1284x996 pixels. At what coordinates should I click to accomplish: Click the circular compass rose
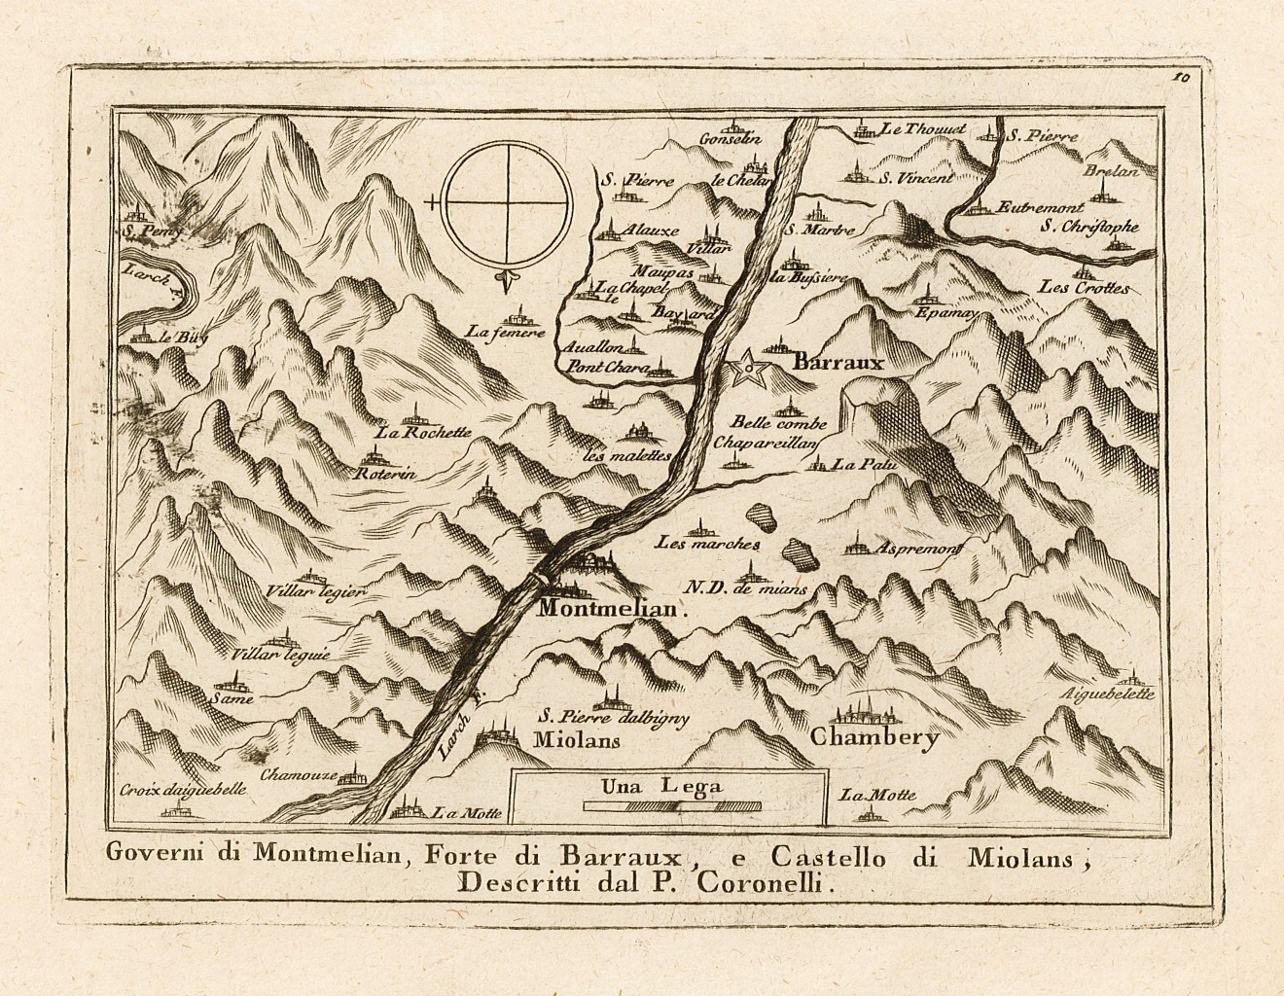tap(504, 202)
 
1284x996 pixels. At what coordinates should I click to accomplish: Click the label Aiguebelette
tap(1108, 694)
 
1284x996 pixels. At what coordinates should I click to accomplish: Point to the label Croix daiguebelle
tap(185, 789)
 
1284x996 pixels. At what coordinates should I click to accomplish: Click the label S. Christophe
tap(1088, 227)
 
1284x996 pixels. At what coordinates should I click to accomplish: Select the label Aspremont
tap(918, 550)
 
